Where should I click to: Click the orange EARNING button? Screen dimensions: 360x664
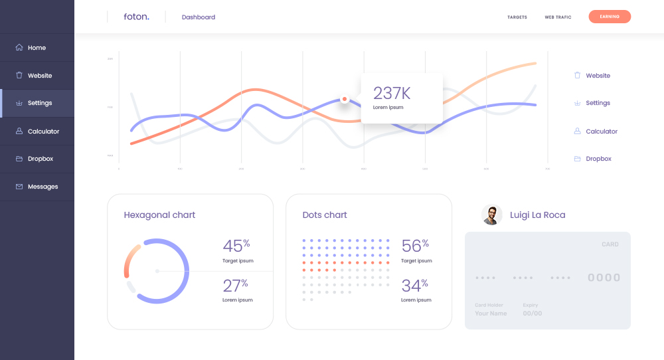[x=609, y=17]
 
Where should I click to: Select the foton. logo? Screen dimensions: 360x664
[x=136, y=17]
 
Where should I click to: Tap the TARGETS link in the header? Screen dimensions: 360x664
[x=517, y=17]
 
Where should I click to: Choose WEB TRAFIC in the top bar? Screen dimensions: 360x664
[x=558, y=17]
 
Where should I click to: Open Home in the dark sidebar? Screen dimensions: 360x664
[x=37, y=48]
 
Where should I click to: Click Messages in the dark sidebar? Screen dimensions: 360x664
[x=42, y=187]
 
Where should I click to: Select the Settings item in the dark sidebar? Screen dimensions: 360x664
[x=40, y=103]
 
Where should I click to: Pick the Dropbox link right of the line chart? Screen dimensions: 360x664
[x=598, y=159]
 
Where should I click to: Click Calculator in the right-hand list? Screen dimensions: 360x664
[x=602, y=132]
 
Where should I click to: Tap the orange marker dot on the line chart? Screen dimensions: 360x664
[x=345, y=100]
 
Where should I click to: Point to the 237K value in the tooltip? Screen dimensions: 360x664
[x=392, y=93]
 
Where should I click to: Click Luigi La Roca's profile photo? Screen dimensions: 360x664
[x=492, y=215]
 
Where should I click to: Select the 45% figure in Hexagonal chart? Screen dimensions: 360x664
[x=236, y=246]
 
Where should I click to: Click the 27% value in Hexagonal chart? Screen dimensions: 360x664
[x=236, y=286]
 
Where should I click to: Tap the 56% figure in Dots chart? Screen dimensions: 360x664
[x=414, y=246]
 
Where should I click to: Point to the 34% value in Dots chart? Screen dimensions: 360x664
[x=414, y=286]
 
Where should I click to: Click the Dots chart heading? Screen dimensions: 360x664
[x=325, y=215]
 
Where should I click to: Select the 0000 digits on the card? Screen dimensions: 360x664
[x=604, y=278]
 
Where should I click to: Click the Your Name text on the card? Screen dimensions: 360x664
[x=491, y=314]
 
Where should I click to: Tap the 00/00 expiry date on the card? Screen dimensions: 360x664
[x=532, y=314]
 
